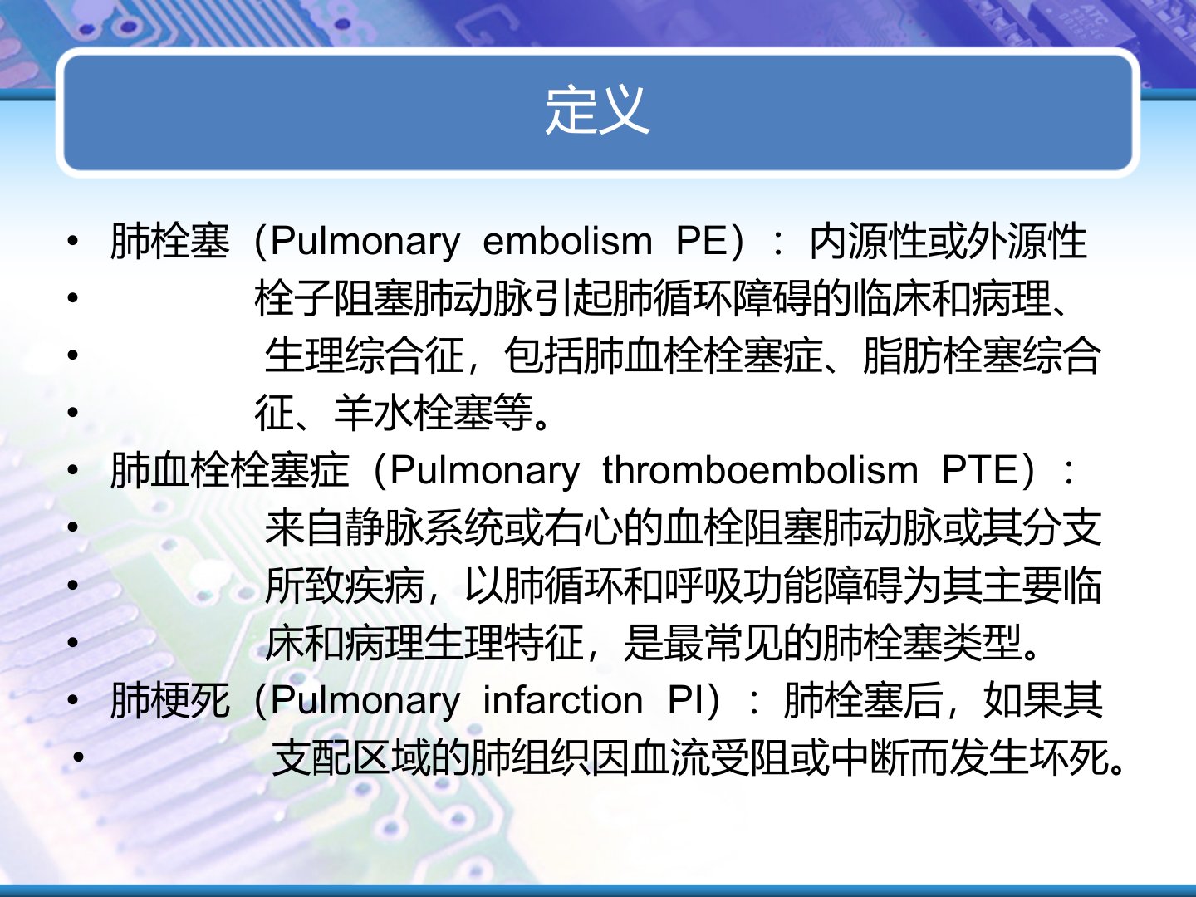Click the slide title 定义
(597, 110)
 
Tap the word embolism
(567, 241)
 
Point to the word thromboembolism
(760, 470)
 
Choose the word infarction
(563, 700)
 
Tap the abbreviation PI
(686, 700)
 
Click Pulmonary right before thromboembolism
(485, 472)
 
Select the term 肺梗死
(170, 700)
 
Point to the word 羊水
(373, 412)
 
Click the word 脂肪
(903, 355)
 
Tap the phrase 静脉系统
(424, 527)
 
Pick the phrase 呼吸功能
(743, 586)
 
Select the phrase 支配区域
(351, 757)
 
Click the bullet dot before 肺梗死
(72, 700)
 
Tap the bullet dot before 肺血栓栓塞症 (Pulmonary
(72, 471)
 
